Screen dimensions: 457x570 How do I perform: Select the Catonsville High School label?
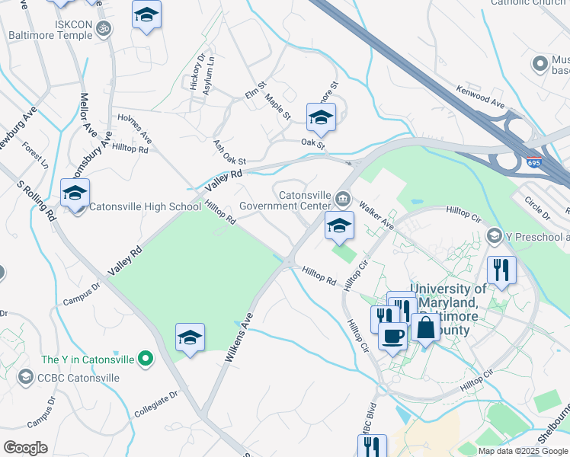145,206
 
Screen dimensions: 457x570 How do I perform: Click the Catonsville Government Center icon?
344,200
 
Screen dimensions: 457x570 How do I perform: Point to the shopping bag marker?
426,327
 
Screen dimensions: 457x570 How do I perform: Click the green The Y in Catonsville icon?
146,359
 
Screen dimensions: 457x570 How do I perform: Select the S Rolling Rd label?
37,201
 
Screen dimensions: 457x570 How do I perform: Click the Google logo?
25,447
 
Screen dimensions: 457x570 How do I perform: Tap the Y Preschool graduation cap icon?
495,235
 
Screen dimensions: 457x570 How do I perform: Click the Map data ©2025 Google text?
523,451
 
